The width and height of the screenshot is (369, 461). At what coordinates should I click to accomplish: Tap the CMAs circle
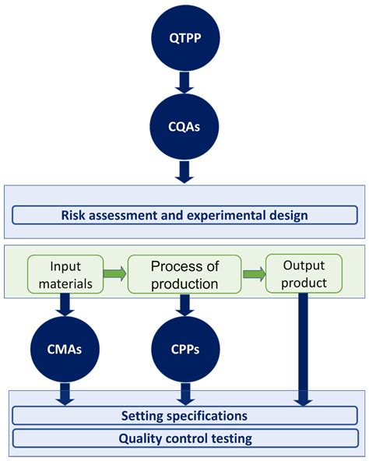[x=65, y=350]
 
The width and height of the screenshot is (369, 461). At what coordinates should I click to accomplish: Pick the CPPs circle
[x=184, y=350]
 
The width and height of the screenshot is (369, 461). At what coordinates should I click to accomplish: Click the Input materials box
[x=65, y=273]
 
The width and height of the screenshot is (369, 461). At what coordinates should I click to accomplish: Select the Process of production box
[x=184, y=273]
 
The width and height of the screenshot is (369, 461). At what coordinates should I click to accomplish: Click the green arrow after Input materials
[x=114, y=273]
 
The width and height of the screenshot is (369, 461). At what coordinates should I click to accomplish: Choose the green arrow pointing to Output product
[x=253, y=273]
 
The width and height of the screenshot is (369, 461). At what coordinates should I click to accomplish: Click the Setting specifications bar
[x=184, y=416]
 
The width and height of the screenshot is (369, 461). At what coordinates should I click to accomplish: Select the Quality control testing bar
[x=184, y=438]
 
